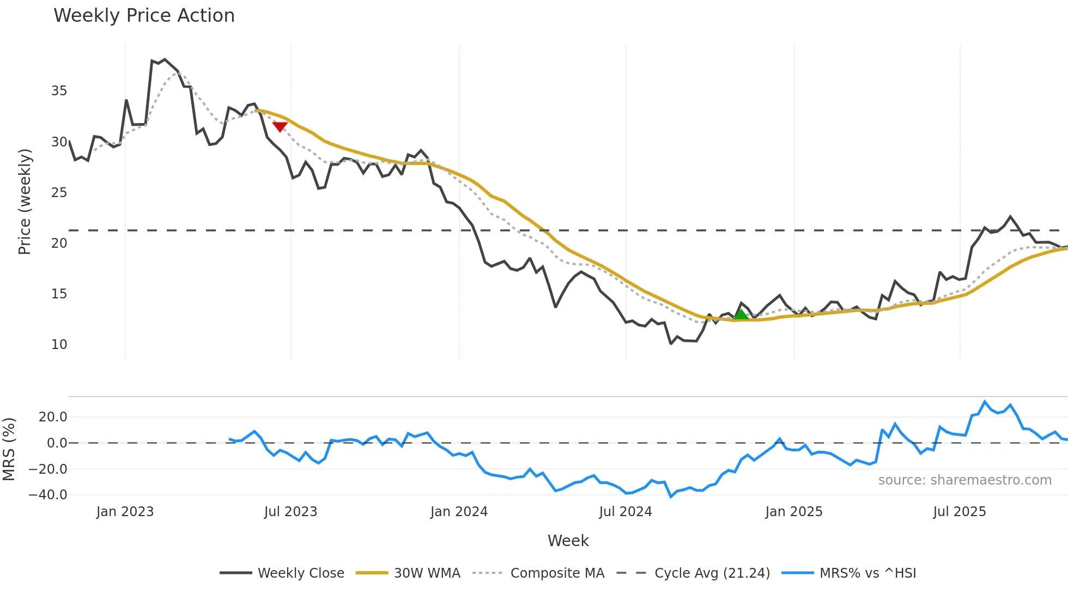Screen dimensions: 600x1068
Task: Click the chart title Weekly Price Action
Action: [144, 16]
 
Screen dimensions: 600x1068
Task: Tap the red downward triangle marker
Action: [280, 127]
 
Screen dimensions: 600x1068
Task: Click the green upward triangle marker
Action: [741, 314]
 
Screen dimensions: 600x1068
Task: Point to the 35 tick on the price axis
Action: [59, 91]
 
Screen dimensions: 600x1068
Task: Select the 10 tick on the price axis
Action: [59, 345]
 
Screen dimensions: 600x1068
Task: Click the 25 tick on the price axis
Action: [59, 193]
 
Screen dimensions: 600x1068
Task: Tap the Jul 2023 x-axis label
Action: [290, 512]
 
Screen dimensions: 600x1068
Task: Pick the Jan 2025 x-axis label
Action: [793, 512]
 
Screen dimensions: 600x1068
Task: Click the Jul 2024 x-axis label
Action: [626, 512]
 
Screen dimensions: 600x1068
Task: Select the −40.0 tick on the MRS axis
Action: [48, 495]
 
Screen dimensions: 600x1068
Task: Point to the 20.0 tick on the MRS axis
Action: [53, 417]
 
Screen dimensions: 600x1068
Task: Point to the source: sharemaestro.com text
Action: [964, 480]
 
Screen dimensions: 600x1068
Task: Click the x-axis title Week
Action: [568, 541]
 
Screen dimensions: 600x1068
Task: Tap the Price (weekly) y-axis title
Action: [25, 201]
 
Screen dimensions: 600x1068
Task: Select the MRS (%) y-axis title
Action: [9, 449]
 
